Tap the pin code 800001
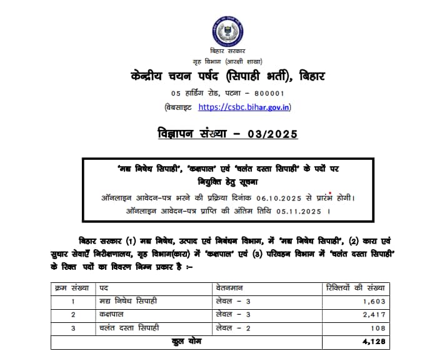(267, 93)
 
